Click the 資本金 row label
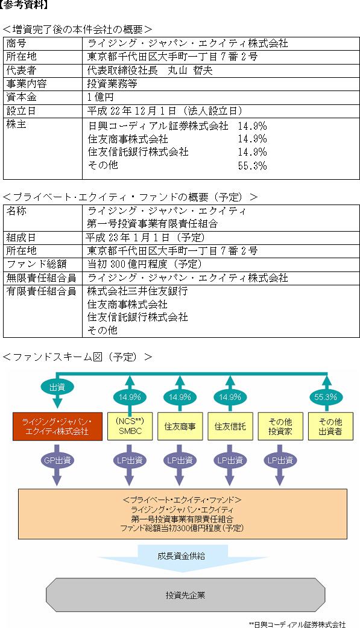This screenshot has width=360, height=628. click(x=22, y=97)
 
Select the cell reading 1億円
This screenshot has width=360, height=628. click(x=101, y=97)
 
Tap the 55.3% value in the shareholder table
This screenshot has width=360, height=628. click(x=252, y=166)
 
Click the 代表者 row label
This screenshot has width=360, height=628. click(x=22, y=71)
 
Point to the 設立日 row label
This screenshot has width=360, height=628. click(x=22, y=111)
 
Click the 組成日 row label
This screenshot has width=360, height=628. click(x=22, y=238)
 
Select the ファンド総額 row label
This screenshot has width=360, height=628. click(x=36, y=264)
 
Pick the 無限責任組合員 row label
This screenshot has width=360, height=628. click(x=41, y=278)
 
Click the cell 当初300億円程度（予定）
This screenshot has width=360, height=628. click(x=145, y=264)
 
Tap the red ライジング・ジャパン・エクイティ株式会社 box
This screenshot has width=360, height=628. click(x=57, y=427)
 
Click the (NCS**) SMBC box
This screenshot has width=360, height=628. click(x=130, y=427)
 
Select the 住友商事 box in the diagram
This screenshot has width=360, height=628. click(x=180, y=427)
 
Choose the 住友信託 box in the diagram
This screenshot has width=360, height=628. click(x=230, y=427)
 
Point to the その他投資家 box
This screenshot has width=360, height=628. click(x=280, y=427)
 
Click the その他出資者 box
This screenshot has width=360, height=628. click(x=330, y=427)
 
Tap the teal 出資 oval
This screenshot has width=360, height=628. click(x=57, y=387)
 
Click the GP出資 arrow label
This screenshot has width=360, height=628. click(x=57, y=460)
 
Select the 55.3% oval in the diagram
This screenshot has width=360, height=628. click(x=326, y=397)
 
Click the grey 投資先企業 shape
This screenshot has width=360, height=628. click(x=185, y=595)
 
